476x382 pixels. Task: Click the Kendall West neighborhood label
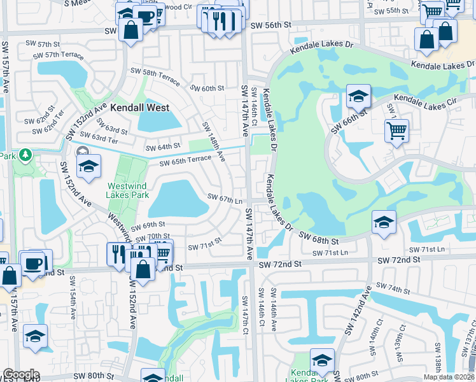coord(139,108)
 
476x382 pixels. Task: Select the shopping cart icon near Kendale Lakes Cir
coord(396,131)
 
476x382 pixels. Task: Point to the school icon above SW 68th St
coord(384,222)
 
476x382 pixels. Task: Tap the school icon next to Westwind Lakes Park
coord(88,167)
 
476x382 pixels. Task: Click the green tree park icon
coord(25,155)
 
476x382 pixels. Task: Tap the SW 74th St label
coord(393,288)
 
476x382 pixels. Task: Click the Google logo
coord(22,374)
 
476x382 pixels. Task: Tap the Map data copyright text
coord(449,377)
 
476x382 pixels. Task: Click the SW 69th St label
coord(148,225)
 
